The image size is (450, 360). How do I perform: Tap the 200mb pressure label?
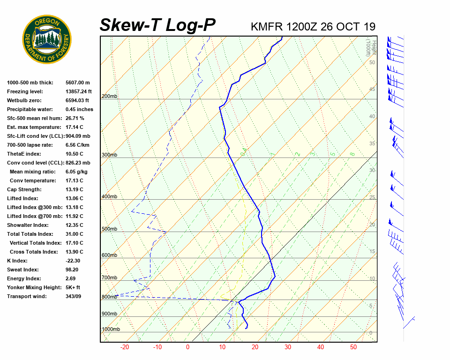tap(109, 97)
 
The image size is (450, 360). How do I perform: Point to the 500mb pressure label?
tap(109, 229)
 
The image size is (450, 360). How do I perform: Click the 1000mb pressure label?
tap(111, 330)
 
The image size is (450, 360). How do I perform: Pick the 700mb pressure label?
tap(109, 278)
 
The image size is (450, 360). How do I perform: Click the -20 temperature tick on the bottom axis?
tap(125, 347)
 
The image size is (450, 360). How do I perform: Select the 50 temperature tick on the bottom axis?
tap(353, 347)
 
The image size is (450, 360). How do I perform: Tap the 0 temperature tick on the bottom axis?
tap(187, 347)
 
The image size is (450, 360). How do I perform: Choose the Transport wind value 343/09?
tap(73, 296)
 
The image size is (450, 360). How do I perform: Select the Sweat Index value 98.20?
tap(72, 270)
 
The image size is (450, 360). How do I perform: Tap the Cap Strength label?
tap(24, 189)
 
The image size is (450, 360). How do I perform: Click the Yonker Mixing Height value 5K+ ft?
tap(73, 287)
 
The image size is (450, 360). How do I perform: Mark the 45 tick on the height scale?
tap(372, 89)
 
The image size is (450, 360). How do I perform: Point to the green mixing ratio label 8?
tap(352, 154)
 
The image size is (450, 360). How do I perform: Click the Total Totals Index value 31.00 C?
tap(74, 234)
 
